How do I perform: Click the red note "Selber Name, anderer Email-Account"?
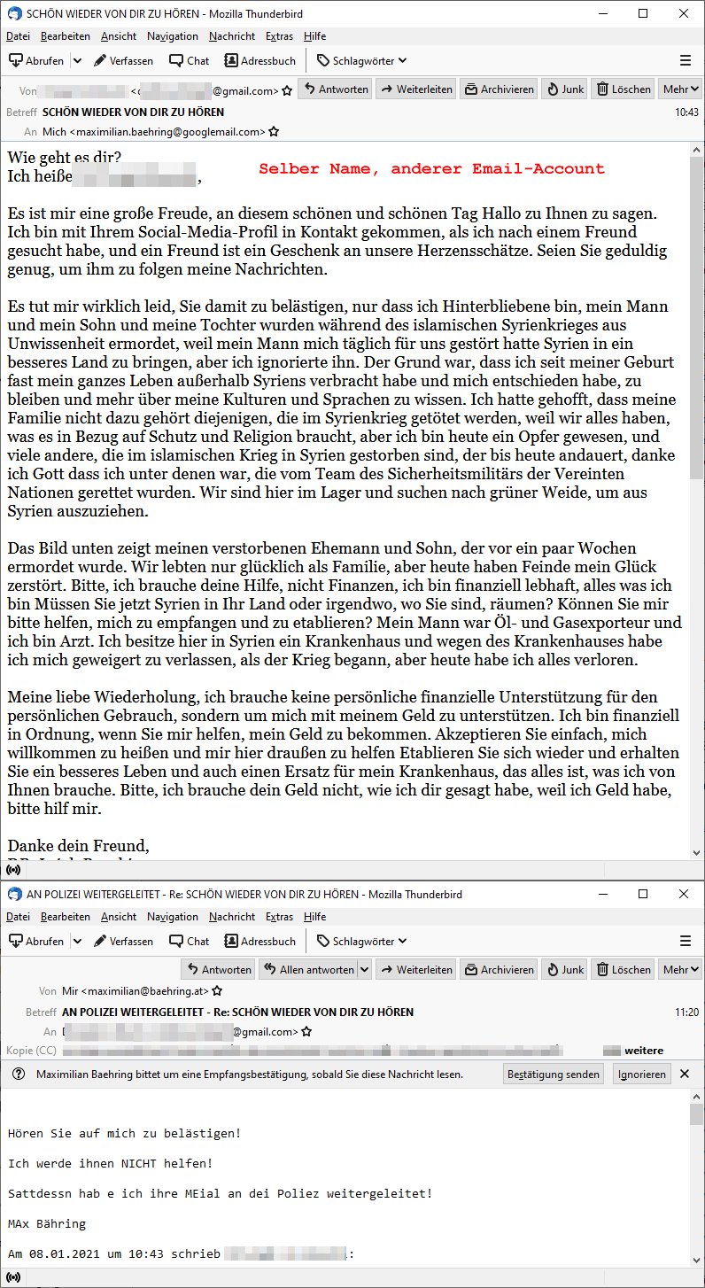[x=431, y=168]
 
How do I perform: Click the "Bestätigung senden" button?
[x=554, y=1074]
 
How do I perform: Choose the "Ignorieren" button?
[x=642, y=1074]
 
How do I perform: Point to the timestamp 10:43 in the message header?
[x=686, y=113]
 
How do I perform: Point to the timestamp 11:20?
[x=686, y=1012]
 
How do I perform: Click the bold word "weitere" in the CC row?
[x=644, y=1051]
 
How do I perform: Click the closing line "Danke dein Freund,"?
[x=78, y=844]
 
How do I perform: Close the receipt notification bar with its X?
[x=684, y=1074]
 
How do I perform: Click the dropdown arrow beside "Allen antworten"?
[x=363, y=969]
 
